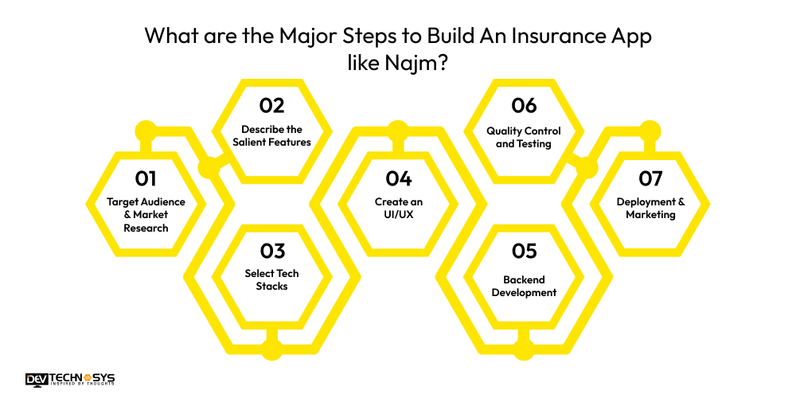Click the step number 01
tap(146, 178)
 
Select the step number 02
tap(271, 106)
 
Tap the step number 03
tap(271, 251)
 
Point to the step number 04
tap(398, 178)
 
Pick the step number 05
tap(524, 251)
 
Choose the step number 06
tap(524, 106)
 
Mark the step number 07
tap(650, 178)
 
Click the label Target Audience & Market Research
tap(146, 215)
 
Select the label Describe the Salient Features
tap(271, 136)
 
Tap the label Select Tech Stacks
tap(271, 280)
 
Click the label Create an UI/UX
tap(398, 209)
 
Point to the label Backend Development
tap(524, 286)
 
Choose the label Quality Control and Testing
tap(524, 137)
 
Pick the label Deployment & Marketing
tap(650, 209)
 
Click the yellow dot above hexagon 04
tap(398, 129)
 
